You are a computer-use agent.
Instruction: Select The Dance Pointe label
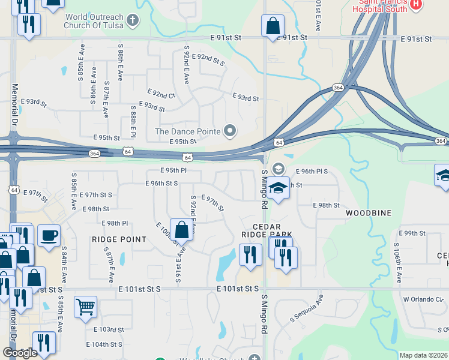coord(188,131)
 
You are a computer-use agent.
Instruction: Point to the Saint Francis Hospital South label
coord(384,6)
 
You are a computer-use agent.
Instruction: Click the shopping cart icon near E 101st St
coord(85,307)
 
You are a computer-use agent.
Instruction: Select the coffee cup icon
coord(49,235)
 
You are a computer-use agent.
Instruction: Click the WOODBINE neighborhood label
coord(369,213)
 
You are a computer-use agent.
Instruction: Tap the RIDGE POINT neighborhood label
coord(119,239)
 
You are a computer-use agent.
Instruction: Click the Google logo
coord(19,353)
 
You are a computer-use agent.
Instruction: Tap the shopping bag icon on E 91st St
coord(273,26)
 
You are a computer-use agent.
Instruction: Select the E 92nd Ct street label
coord(160,95)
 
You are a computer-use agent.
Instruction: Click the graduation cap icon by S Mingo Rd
coord(279,187)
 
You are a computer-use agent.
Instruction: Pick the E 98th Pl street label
coord(115,223)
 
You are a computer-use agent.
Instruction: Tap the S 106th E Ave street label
coord(397,263)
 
